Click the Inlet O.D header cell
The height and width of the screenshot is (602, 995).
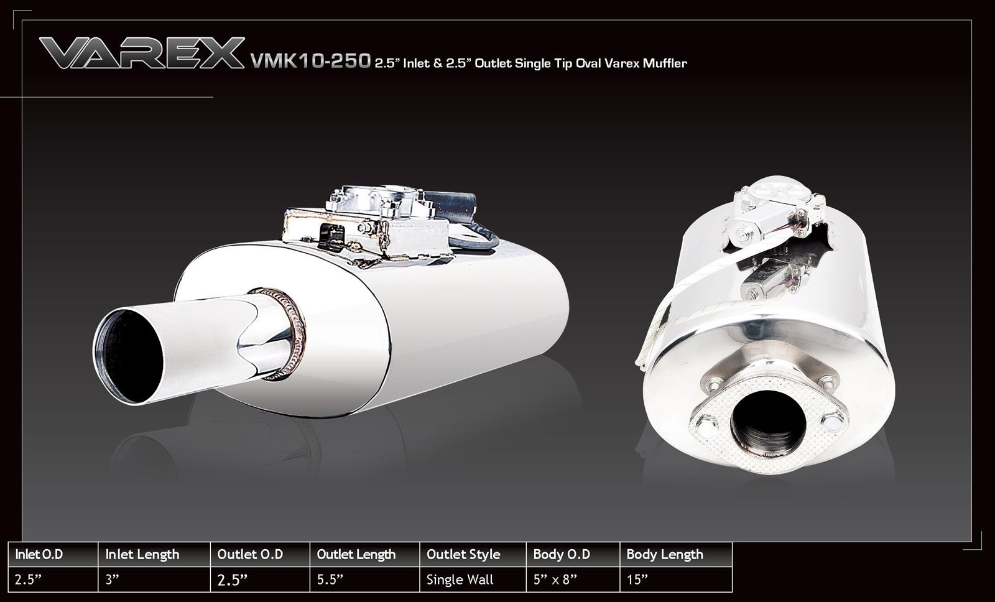coord(39,554)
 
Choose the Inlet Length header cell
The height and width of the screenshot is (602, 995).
coord(142,554)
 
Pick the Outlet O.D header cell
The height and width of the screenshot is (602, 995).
coord(250,554)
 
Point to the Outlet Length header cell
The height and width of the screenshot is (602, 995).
coord(356,554)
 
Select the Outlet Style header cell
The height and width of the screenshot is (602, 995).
coord(463,554)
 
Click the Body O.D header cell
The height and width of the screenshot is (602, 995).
coord(562,554)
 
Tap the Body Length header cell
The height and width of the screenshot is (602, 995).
coord(665,554)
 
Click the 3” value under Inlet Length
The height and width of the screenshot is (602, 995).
coord(113,580)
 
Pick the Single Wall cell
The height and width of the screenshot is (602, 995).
coord(460,580)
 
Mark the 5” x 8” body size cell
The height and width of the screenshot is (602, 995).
coord(555,580)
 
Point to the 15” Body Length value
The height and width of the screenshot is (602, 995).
coord(637,580)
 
